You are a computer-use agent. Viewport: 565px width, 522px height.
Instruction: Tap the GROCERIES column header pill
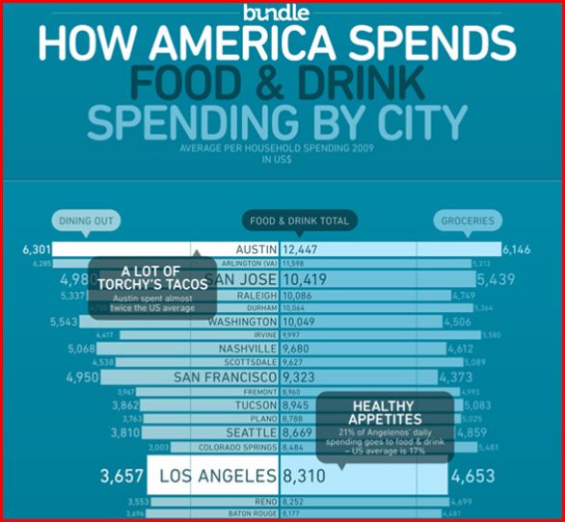pos(468,221)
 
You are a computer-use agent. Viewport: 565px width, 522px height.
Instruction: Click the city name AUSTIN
pos(256,249)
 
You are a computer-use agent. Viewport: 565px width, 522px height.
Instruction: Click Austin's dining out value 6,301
pos(36,249)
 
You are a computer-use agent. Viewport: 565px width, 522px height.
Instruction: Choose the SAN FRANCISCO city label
pos(226,378)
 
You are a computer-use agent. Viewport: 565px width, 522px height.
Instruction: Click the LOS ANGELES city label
pos(216,476)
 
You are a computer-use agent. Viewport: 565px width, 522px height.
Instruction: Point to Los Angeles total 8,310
pos(304,476)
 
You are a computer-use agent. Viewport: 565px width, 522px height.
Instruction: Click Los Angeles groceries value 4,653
pos(472,476)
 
